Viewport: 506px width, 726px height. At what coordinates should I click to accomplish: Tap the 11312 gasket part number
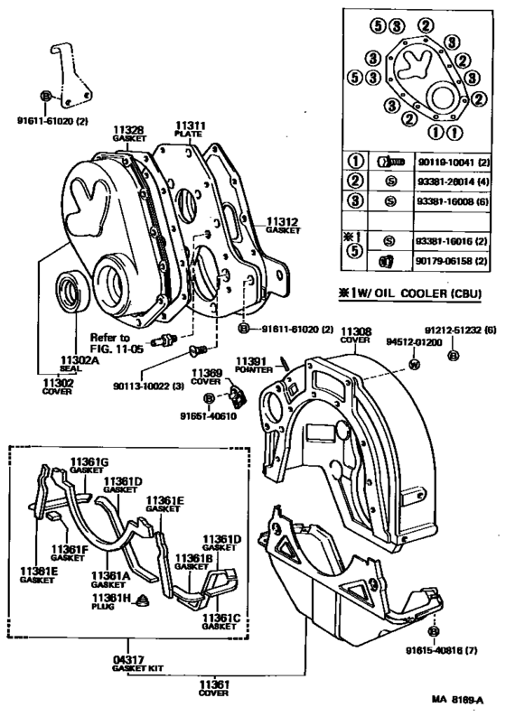282,219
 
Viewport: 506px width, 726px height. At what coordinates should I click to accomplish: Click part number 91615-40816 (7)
441,651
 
